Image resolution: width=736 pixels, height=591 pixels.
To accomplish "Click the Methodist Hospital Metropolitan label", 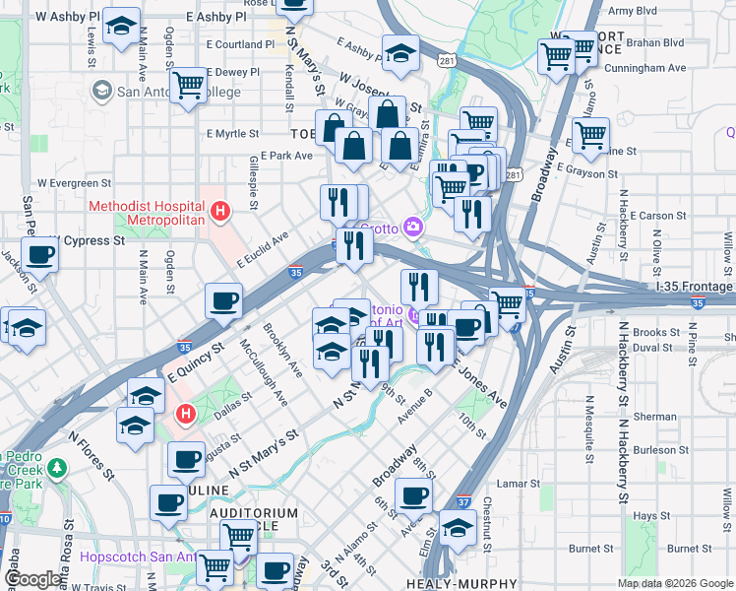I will (147, 213).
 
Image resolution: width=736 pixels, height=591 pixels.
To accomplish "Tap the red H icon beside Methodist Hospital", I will (221, 211).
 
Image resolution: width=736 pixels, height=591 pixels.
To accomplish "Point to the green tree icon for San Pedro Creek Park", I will (57, 466).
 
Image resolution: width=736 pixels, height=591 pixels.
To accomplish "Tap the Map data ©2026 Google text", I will (675, 583).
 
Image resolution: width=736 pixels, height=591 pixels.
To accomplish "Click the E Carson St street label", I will (657, 215).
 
